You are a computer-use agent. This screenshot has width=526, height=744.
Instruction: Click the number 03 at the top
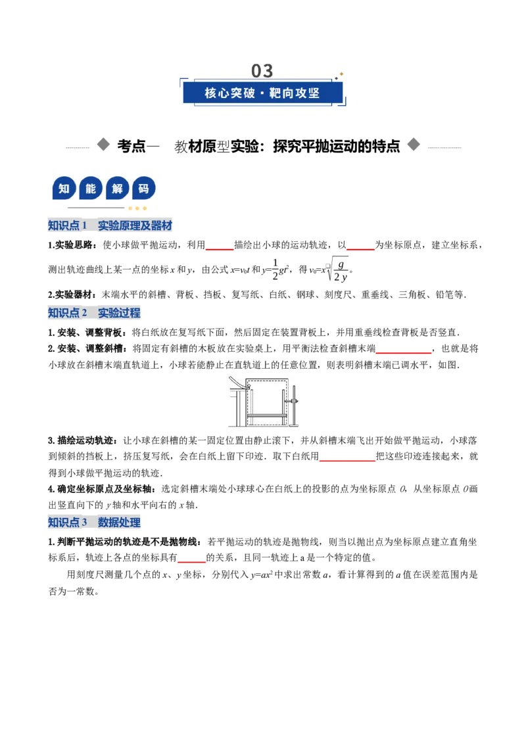point(262,71)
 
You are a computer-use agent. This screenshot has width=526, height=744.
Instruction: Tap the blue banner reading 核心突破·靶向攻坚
point(262,93)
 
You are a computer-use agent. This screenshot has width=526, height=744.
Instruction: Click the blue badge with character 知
point(64,189)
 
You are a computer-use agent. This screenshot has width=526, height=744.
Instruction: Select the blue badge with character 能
point(91,189)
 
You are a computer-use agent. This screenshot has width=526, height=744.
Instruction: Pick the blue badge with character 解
point(117,189)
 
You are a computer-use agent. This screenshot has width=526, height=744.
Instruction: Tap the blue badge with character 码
point(144,189)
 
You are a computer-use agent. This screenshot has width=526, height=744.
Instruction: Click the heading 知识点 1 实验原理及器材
point(110,225)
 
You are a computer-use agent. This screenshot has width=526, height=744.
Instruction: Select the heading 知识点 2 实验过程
point(95,313)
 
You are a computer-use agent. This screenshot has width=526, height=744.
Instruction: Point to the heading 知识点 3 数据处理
point(95,523)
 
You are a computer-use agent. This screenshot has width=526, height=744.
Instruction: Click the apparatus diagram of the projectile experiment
point(264,402)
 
